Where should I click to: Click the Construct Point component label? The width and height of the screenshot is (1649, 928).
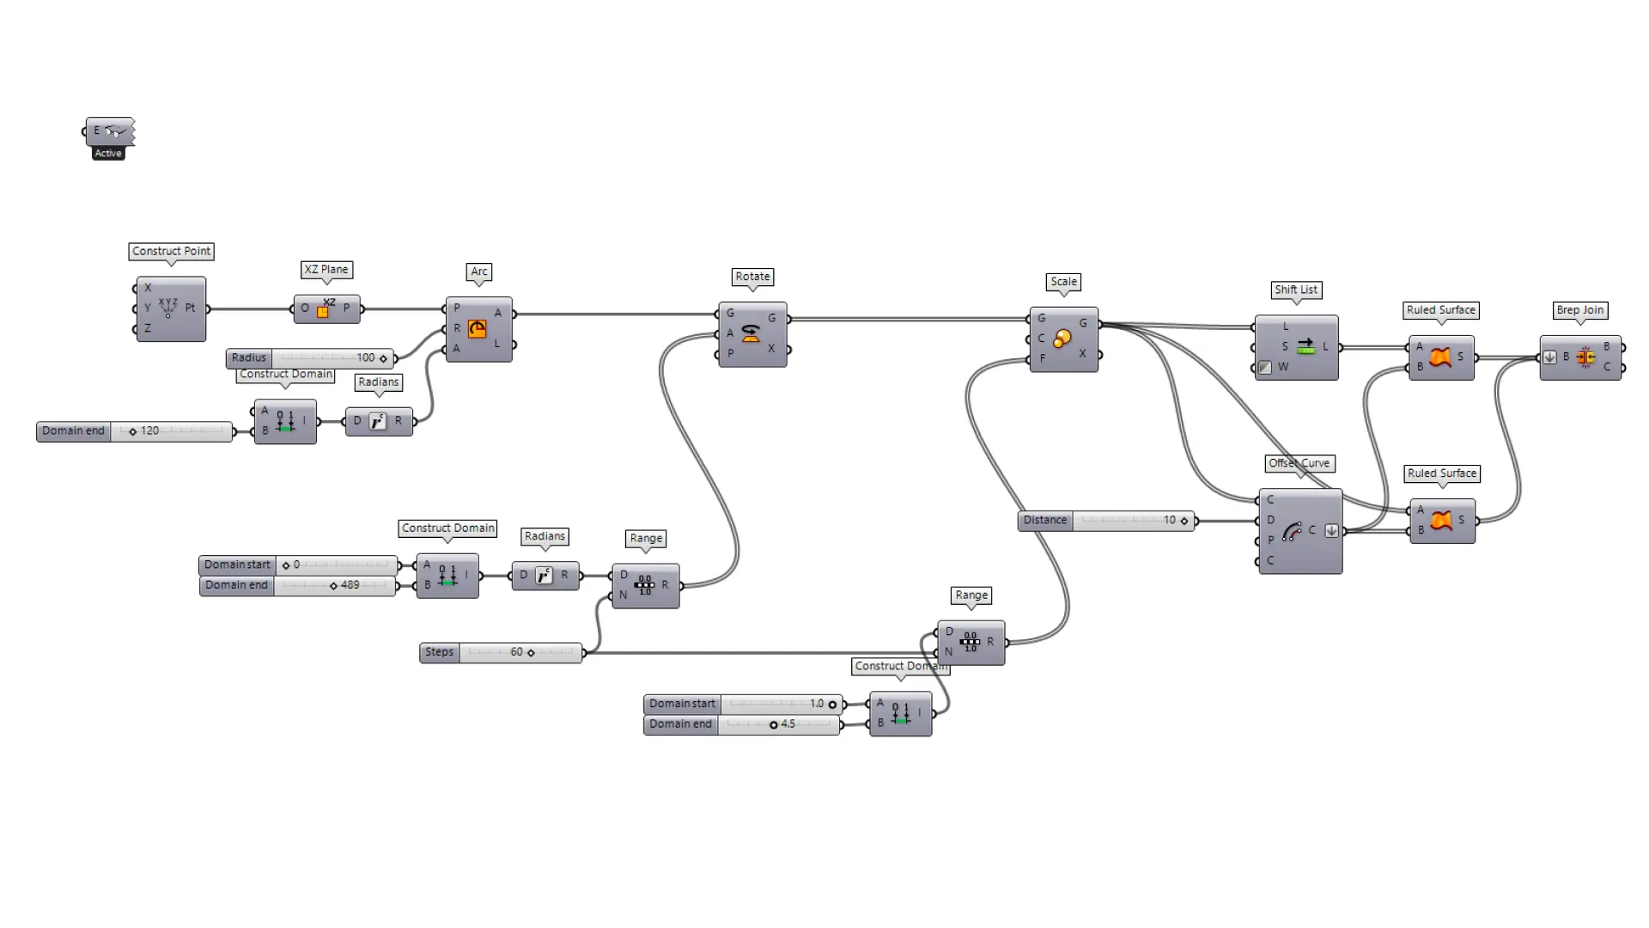point(171,251)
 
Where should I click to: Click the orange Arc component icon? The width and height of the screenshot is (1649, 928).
point(478,329)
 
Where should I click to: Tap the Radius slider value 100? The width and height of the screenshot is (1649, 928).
point(366,357)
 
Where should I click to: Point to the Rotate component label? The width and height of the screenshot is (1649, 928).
point(752,277)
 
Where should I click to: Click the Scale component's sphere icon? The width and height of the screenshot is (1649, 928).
point(1062,339)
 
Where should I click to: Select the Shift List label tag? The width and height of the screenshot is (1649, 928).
point(1295,290)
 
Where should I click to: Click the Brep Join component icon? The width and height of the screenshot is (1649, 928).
point(1585,357)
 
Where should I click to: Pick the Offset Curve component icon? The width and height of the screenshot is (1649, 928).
point(1292,532)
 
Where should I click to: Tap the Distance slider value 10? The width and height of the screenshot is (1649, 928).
point(1169,520)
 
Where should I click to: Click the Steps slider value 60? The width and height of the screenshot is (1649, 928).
point(516,652)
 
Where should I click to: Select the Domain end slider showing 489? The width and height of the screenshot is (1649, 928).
point(335,585)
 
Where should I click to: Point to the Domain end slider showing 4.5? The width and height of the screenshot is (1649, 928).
point(777,724)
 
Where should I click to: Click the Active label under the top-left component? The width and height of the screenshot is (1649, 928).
point(108,153)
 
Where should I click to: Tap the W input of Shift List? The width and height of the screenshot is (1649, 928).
point(1282,367)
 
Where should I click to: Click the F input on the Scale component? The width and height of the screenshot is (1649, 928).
point(1042,358)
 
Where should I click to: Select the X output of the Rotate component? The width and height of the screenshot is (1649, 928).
point(771,349)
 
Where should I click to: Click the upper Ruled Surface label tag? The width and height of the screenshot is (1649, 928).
point(1440,310)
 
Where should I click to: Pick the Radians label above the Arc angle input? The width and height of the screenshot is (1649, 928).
point(379,382)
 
